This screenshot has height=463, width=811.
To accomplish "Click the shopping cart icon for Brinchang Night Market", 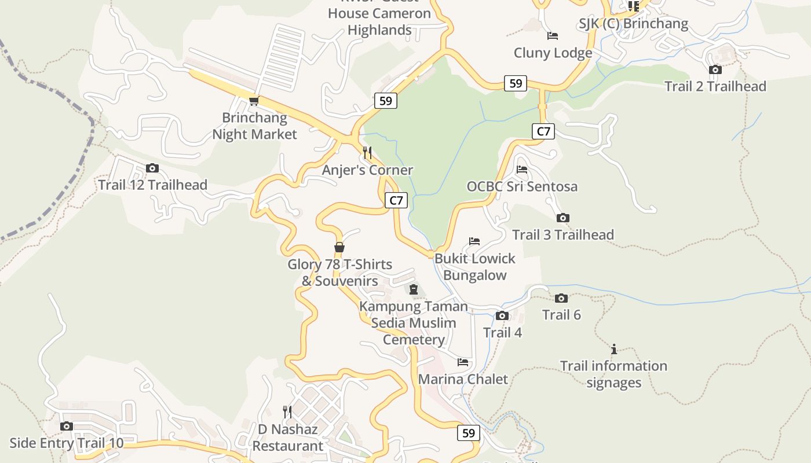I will [x=254, y=101].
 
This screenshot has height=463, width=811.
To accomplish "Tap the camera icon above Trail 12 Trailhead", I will [x=152, y=168].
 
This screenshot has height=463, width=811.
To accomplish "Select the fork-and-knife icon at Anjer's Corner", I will [x=367, y=153].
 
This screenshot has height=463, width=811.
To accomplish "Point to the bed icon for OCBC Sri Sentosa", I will [x=522, y=170].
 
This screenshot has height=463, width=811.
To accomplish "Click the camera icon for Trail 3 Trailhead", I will [x=562, y=218].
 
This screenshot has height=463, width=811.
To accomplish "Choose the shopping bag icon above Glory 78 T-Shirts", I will [x=339, y=247].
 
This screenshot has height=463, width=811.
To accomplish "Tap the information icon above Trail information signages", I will [x=613, y=349].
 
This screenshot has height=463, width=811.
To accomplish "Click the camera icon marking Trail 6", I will [x=561, y=299].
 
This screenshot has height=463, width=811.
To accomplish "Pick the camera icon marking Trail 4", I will [x=502, y=316].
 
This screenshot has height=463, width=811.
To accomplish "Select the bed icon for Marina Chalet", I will [x=463, y=362].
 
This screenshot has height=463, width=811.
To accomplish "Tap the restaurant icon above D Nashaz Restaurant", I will [x=287, y=411].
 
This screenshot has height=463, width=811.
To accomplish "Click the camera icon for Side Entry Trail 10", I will [x=67, y=427].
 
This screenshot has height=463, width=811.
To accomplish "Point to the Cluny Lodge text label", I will [x=553, y=53].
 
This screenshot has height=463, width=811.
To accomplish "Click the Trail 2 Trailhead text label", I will [x=715, y=86].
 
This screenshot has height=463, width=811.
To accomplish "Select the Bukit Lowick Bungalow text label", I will [x=474, y=267].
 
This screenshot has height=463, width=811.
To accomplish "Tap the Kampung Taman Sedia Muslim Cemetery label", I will [x=414, y=323].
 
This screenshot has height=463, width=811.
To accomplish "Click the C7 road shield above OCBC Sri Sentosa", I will [x=543, y=131].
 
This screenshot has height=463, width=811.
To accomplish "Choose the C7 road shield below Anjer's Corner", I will [x=396, y=201].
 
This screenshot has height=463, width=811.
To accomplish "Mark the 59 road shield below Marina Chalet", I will [x=469, y=432].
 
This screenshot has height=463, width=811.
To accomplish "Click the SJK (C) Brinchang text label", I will [x=633, y=24].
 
